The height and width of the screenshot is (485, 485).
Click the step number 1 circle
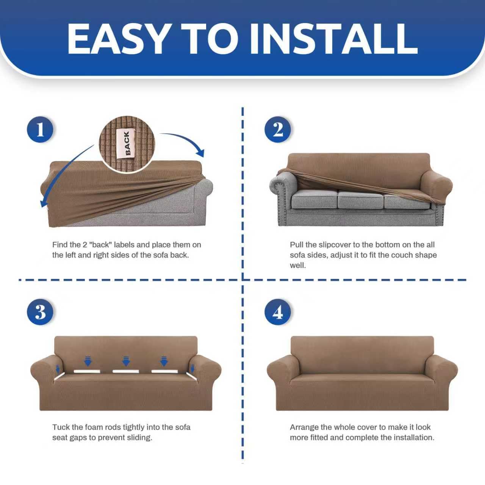(x=40, y=130)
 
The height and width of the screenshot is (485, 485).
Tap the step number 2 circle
(x=278, y=130)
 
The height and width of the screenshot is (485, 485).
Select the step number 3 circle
(x=40, y=312)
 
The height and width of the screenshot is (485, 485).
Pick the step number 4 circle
(x=278, y=312)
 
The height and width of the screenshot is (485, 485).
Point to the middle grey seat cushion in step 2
(x=360, y=200)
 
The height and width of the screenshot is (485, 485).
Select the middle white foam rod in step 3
(x=125, y=371)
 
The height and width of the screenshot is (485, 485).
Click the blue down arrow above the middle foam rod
(x=126, y=361)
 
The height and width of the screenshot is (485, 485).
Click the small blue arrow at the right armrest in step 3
(x=193, y=369)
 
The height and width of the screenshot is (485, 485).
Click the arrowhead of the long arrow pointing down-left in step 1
(x=43, y=204)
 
